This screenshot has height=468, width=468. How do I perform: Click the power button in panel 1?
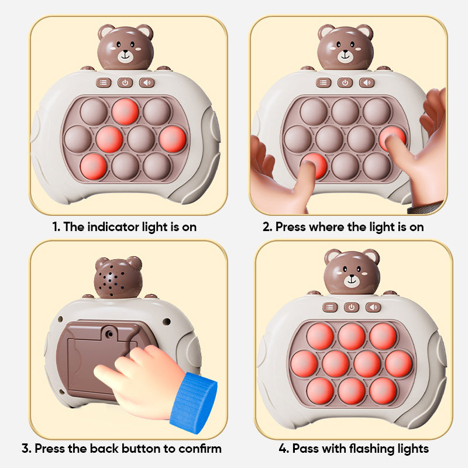click(125, 82)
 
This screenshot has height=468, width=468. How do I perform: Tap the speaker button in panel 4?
click(373, 307)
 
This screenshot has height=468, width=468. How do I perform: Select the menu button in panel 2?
click(323, 82)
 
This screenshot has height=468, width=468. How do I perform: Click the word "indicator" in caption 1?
click(120, 226)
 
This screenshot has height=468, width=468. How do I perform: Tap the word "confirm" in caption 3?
click(198, 449)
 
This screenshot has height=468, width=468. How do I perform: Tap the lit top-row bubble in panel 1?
click(125, 111)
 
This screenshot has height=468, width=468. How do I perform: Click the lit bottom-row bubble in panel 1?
click(94, 166)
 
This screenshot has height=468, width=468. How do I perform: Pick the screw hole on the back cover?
click(109, 333)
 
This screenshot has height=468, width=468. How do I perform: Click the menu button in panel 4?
click(330, 307)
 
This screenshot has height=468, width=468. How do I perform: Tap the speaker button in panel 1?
click(147, 82)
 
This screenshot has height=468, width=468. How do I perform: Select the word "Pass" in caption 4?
click(306, 449)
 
